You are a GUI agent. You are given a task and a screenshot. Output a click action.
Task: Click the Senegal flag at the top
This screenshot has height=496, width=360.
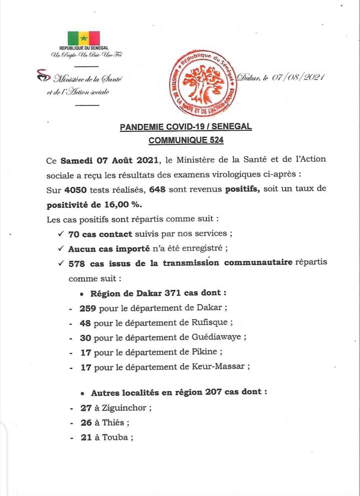[x=83, y=38]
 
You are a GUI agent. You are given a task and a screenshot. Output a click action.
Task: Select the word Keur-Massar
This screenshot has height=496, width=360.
[x=221, y=366]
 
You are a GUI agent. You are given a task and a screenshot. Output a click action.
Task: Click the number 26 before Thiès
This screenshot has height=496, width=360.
[x=85, y=423]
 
